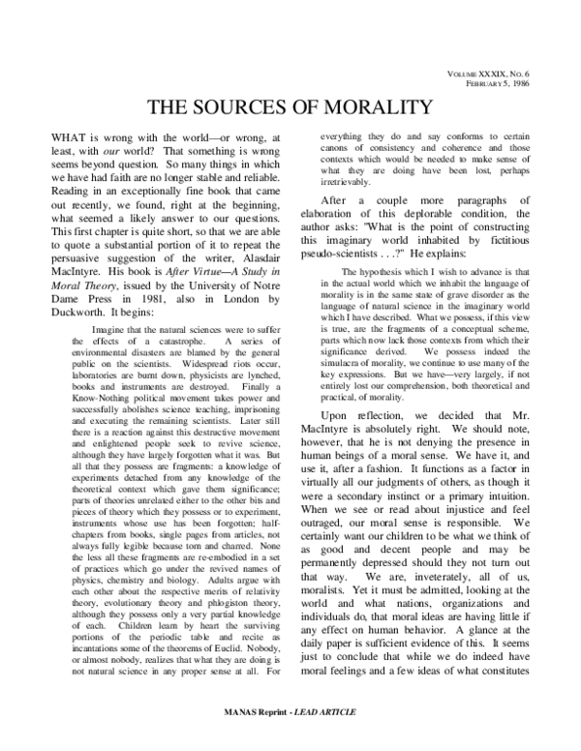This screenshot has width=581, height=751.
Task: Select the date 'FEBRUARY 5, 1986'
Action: tap(516, 85)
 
